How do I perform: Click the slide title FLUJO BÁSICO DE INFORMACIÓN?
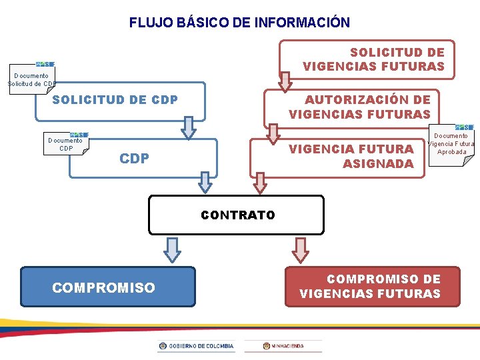pos(239,23)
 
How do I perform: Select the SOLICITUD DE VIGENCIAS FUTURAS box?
pos(373,59)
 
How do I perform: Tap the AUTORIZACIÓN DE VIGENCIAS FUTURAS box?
pos(359,107)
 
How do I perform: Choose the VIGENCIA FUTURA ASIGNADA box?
pos(350,156)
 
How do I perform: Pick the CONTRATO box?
pos(237,215)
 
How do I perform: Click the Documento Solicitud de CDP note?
pos(31,78)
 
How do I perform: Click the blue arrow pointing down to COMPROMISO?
pos(172,249)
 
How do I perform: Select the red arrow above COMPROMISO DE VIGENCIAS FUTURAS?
pos(301,249)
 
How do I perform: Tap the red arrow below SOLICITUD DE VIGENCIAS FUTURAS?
pos(285,81)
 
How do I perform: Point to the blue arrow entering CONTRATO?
pos(205,182)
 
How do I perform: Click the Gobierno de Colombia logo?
pos(197,346)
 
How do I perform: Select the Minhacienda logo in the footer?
pos(283,346)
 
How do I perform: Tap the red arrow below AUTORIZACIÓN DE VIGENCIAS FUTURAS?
pos(273,132)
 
